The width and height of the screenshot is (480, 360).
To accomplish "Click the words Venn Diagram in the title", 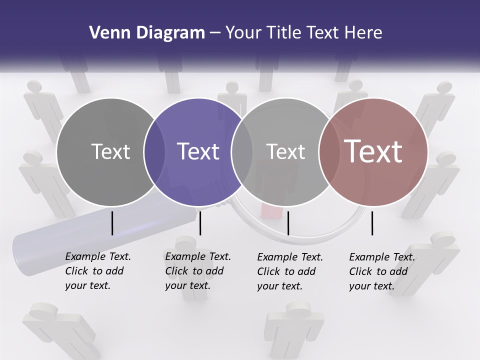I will click(147, 33).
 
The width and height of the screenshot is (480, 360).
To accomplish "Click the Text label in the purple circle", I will click(198, 151).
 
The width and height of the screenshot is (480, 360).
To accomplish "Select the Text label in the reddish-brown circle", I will click(373, 151).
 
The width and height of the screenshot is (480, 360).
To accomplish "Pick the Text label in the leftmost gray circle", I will click(110, 151).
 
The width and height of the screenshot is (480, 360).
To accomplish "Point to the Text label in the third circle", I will click(285, 151).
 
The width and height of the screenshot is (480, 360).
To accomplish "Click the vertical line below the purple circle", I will click(200, 223).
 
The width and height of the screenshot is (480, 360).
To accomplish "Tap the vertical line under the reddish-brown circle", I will click(372, 223).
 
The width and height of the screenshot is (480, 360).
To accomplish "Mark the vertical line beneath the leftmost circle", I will click(112, 223).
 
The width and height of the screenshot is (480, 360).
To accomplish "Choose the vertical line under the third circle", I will click(288, 223).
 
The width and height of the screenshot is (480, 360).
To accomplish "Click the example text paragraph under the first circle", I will click(97, 271).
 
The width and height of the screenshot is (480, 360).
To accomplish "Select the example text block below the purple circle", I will click(197, 271).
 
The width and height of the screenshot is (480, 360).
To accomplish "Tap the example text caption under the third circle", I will click(289, 271).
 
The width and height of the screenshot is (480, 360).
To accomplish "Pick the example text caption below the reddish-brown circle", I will click(381, 271).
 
